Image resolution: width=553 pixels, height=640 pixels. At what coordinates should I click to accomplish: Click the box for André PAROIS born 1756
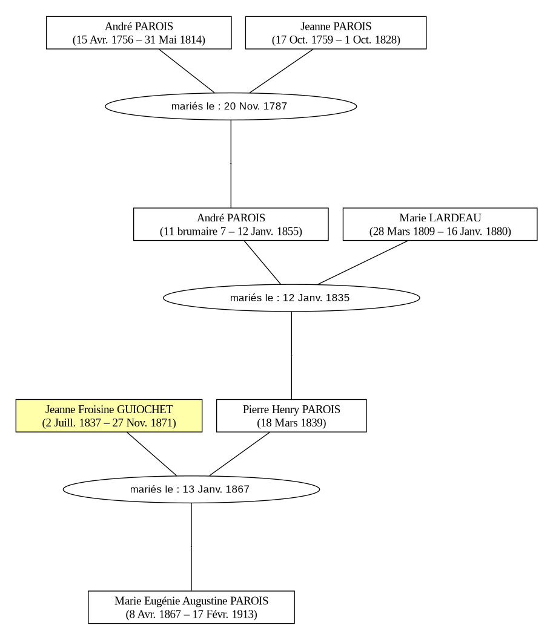(139, 33)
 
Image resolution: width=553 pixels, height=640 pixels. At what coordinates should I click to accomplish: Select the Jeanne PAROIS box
(336, 33)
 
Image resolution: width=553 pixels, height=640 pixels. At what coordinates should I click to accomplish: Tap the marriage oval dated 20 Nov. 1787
(231, 106)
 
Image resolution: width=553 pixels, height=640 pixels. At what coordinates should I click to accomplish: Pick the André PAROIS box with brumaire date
(231, 224)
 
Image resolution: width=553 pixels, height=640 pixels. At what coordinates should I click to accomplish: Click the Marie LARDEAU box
(440, 224)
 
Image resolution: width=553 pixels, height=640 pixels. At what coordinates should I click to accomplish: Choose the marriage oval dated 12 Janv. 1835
(291, 298)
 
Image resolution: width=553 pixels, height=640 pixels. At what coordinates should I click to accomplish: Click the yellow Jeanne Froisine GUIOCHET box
(109, 416)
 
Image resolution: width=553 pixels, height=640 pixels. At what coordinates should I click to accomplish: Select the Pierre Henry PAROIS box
(291, 416)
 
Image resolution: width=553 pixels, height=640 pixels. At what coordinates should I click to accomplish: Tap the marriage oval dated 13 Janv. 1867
(191, 489)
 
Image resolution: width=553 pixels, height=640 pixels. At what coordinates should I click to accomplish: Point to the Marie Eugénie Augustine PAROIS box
(191, 607)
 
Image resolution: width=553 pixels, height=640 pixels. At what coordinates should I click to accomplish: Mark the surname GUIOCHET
(145, 410)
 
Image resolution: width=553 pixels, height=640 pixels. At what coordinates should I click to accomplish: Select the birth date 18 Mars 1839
(291, 423)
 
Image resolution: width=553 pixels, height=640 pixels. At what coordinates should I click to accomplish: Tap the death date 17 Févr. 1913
(223, 614)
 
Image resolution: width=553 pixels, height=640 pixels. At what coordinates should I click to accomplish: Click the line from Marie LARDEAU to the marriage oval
(363, 263)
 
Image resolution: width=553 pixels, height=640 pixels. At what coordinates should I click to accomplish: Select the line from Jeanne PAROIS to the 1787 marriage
(281, 71)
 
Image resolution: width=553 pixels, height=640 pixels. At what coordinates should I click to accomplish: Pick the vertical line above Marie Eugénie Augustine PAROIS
(191, 547)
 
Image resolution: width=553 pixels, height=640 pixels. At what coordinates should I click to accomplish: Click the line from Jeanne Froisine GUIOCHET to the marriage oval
(151, 454)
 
